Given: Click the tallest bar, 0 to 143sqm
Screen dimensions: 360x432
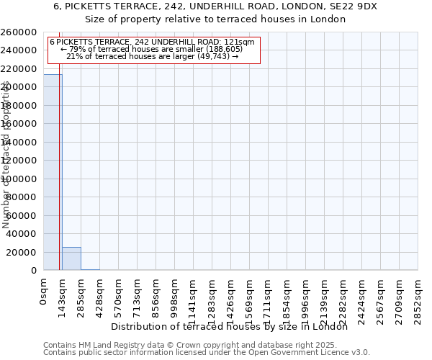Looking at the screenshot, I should click(x=53, y=172).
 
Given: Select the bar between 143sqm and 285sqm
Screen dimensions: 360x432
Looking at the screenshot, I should click(x=71, y=258).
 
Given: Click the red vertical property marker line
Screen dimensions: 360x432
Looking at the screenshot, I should click(x=59, y=180).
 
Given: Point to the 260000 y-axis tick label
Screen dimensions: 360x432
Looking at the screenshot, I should click(x=19, y=32).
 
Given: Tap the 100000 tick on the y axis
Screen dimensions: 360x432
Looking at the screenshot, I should click(x=19, y=179).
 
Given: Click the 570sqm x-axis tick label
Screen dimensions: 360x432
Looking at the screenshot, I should click(x=118, y=297).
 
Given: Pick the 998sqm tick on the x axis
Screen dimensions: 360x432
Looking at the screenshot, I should click(x=174, y=297).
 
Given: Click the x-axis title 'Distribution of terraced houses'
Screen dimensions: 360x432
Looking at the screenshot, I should click(x=230, y=327).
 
